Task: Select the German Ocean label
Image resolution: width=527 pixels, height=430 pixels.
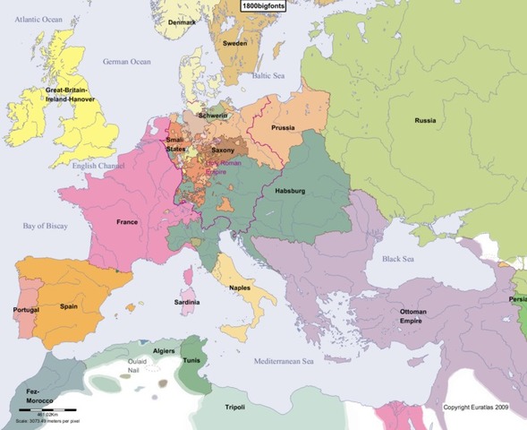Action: tap(127, 62)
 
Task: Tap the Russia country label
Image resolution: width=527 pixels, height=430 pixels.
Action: tap(426, 120)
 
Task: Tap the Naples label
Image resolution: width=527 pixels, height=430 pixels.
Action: tap(239, 288)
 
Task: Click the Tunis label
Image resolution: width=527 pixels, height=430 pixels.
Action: tap(191, 361)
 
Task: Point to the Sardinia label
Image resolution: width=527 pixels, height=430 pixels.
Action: tap(187, 303)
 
